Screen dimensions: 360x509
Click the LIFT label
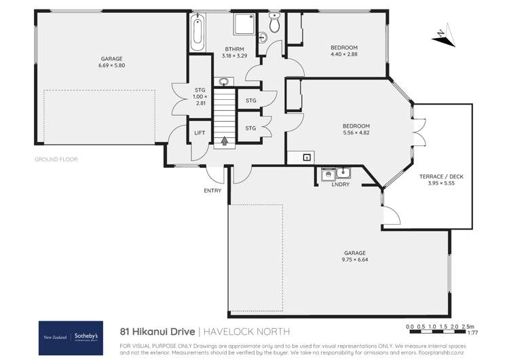[x=200, y=133]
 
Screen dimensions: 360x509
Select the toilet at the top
[x=274, y=25]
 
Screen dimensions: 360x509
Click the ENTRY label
[x=212, y=191]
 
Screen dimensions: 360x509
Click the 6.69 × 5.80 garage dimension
[x=111, y=65]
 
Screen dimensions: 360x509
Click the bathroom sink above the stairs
[x=223, y=82]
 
